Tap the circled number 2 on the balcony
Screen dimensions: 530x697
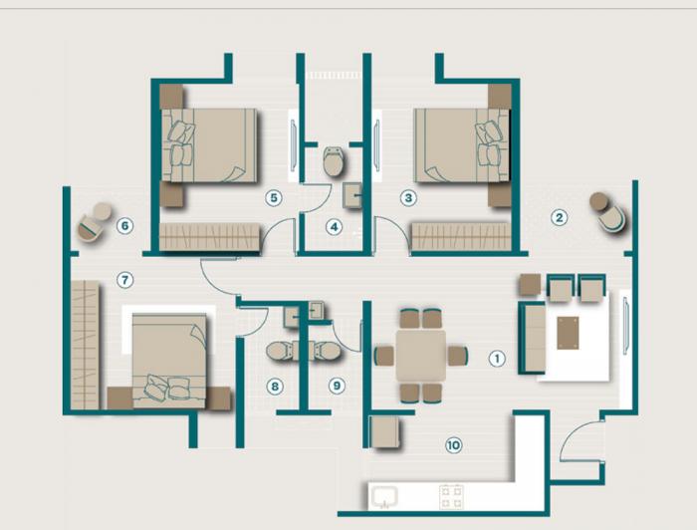[560, 216]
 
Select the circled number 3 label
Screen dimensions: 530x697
[408, 197]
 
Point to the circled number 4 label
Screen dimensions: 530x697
[335, 227]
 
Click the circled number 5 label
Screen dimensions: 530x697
[274, 197]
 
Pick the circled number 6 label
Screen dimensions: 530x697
[124, 225]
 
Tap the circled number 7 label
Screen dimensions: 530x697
[124, 279]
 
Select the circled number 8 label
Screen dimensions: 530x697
[275, 386]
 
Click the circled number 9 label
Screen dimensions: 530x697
[336, 386]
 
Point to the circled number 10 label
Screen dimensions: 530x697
[454, 445]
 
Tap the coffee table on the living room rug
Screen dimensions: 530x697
[569, 332]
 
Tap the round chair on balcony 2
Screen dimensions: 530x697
[606, 210]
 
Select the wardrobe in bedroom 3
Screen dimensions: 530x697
[460, 237]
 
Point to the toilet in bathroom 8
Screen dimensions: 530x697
[282, 350]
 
